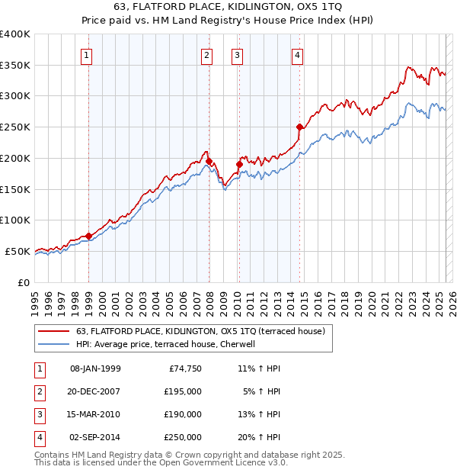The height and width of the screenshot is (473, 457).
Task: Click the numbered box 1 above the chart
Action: point(88,55)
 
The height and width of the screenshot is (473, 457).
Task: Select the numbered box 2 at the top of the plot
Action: point(206,55)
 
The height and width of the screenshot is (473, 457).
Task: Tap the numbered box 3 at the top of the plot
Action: point(237,55)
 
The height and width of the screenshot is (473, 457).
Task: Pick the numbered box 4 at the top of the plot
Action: point(298,55)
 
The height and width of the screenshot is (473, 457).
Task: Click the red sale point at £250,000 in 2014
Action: point(299,127)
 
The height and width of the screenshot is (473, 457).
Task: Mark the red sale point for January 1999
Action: point(89,236)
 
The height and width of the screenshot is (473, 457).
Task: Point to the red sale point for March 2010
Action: point(238,164)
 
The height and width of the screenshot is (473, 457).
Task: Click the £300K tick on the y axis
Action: point(15,96)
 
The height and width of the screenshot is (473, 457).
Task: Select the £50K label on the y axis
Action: point(18,251)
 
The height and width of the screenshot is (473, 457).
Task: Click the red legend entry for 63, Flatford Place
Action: point(200,331)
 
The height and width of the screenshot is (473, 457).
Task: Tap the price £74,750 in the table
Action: point(184,368)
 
